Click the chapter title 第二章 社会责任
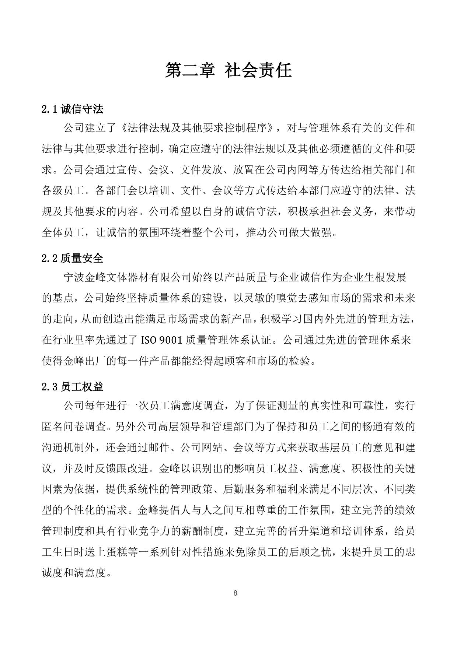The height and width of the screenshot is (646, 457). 228,70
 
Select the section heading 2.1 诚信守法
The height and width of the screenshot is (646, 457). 72,109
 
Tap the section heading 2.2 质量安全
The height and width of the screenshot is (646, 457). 72,258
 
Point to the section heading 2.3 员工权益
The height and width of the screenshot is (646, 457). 72,387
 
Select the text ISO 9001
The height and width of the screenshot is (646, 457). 162,340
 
